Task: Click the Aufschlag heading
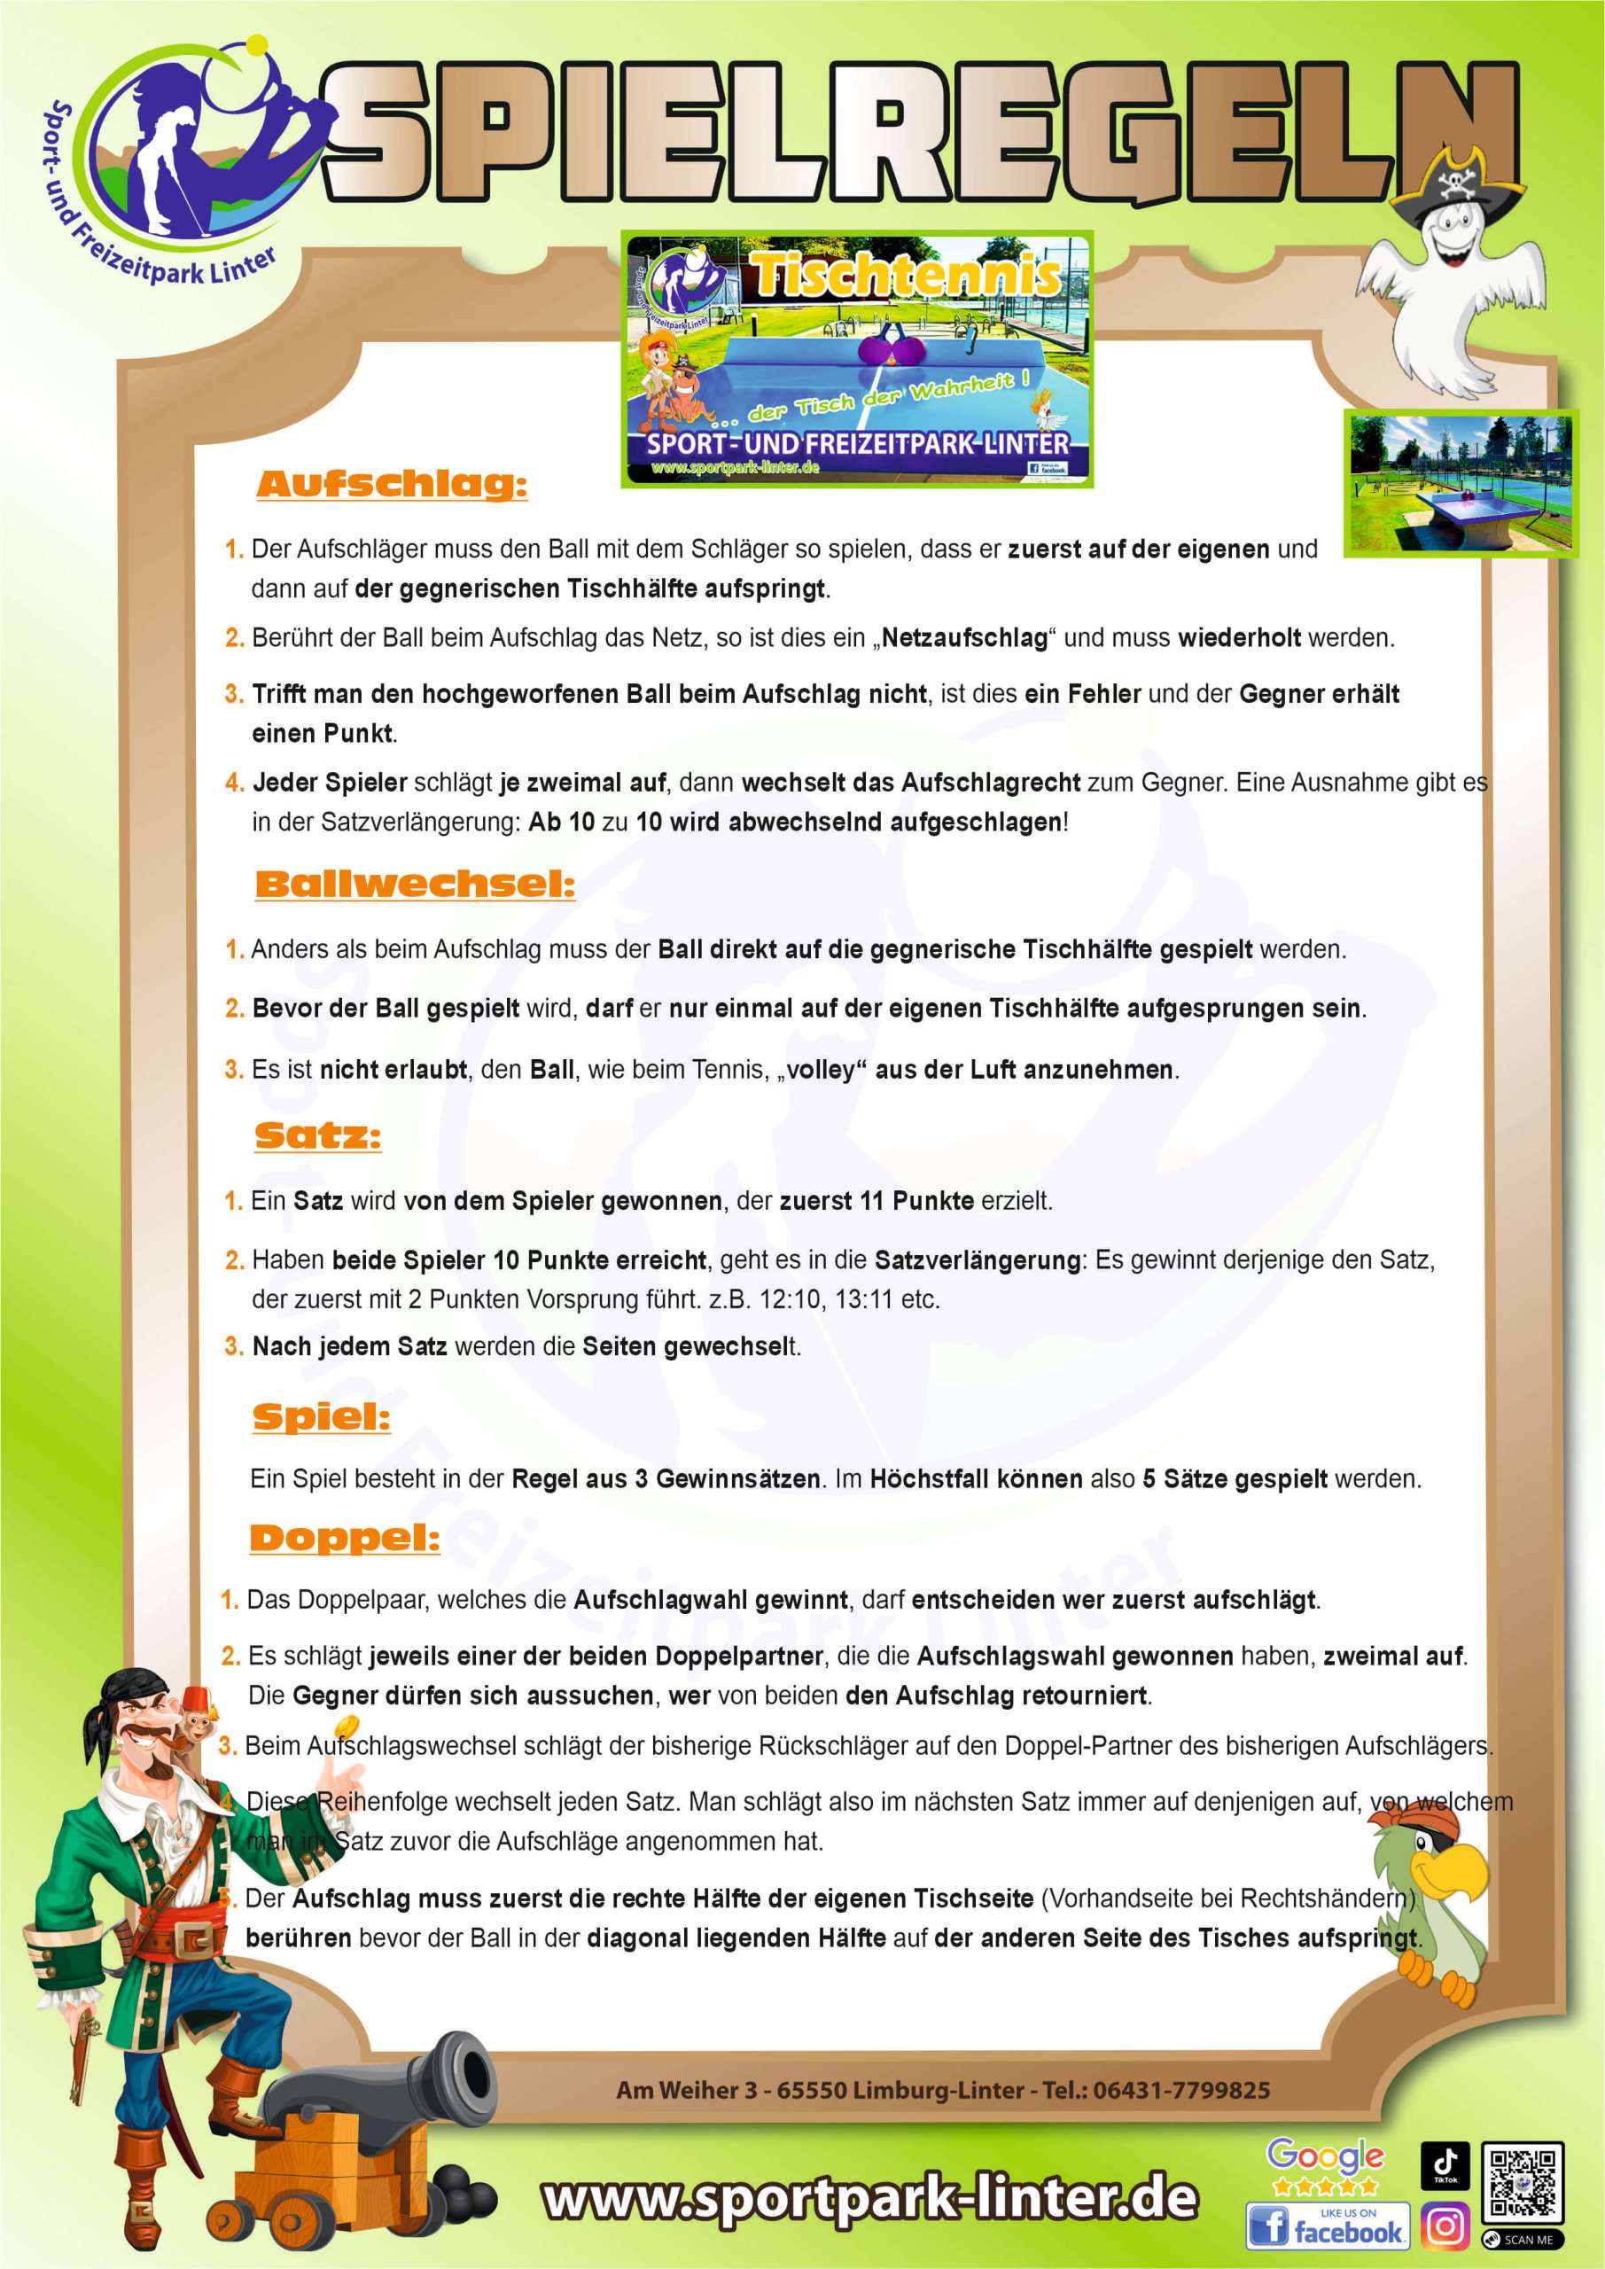[392, 484]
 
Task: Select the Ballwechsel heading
[415, 884]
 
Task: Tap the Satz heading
[317, 1135]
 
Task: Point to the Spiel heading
[321, 1416]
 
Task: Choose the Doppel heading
[345, 1538]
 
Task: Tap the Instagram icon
[1445, 2228]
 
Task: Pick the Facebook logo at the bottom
[1327, 2227]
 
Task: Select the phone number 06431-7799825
[1181, 2090]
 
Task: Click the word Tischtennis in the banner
[907, 275]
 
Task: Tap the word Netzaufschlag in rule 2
[964, 638]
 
